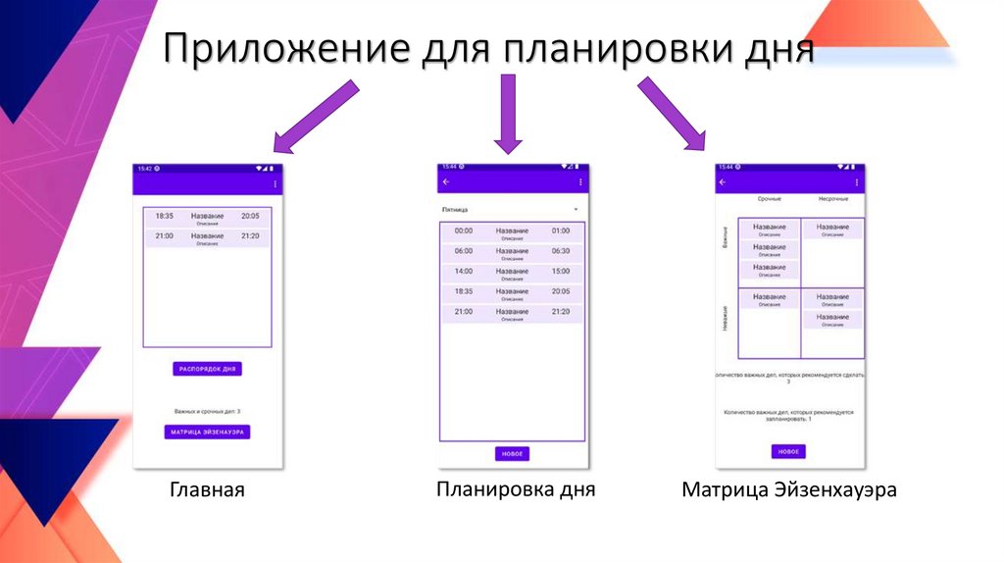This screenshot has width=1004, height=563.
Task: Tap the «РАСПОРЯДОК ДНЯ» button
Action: [x=207, y=369]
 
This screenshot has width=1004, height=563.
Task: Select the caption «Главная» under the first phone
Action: [x=207, y=489]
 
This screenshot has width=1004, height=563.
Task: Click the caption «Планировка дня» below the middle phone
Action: [x=516, y=488]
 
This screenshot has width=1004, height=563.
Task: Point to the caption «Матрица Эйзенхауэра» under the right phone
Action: [x=789, y=489]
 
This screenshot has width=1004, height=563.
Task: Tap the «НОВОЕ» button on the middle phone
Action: [x=512, y=453]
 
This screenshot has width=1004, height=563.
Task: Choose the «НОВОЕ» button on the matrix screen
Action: [x=788, y=451]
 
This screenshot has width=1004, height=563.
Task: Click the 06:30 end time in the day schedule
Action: [x=560, y=251]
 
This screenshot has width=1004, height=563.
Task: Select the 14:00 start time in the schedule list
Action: [x=464, y=271]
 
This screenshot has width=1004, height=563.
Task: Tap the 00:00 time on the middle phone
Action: [x=464, y=230]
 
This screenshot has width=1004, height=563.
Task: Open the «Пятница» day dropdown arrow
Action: [x=577, y=210]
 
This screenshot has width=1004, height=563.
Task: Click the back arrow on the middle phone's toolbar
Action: [x=446, y=181]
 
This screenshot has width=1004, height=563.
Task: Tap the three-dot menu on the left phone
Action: [x=275, y=183]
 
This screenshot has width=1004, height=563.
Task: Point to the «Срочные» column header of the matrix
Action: [x=770, y=199]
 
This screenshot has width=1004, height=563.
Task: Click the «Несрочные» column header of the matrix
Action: [x=832, y=199]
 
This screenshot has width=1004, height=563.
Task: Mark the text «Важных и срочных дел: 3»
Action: [x=207, y=411]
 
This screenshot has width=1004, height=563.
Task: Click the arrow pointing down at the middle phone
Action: [x=507, y=115]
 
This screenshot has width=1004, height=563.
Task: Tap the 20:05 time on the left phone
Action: [x=250, y=216]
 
